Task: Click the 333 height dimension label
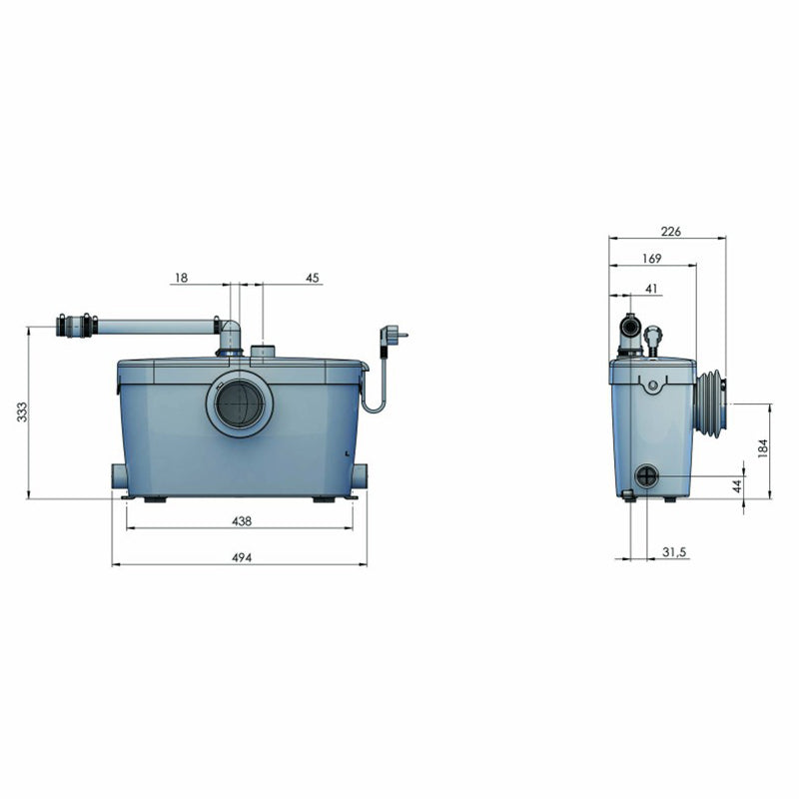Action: pyautogui.click(x=22, y=411)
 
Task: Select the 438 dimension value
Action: pyautogui.click(x=242, y=520)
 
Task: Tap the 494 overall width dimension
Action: pyautogui.click(x=242, y=557)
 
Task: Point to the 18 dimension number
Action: pyautogui.click(x=181, y=278)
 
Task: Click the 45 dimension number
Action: pyautogui.click(x=312, y=278)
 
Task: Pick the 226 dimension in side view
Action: pyautogui.click(x=670, y=232)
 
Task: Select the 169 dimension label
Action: pyautogui.click(x=652, y=259)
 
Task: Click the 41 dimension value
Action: pyautogui.click(x=651, y=289)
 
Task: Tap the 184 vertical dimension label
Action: pyautogui.click(x=762, y=447)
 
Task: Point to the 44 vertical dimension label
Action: pyautogui.click(x=737, y=486)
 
